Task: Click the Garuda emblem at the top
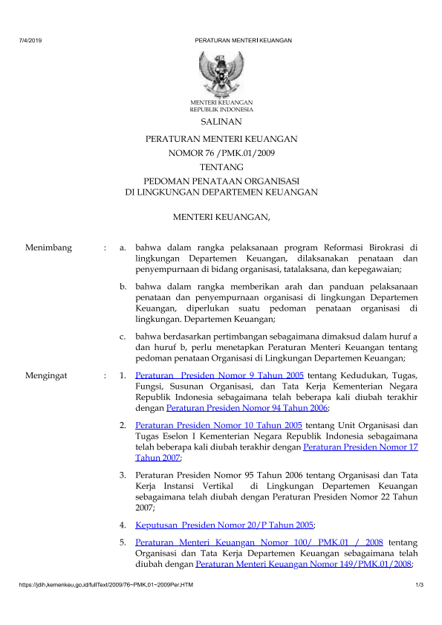click(x=221, y=73)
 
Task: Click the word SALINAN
click(x=221, y=121)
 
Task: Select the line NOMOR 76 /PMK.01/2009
click(x=221, y=153)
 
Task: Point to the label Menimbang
click(x=48, y=247)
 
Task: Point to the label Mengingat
click(x=46, y=376)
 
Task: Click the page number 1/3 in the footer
click(x=419, y=589)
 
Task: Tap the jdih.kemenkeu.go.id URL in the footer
click(x=107, y=589)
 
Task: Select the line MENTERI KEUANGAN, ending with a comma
click(x=221, y=217)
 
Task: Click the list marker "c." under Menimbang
click(x=123, y=337)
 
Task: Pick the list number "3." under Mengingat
click(x=123, y=474)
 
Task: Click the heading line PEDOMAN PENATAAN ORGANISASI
click(x=221, y=180)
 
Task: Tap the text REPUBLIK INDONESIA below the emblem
click(x=221, y=109)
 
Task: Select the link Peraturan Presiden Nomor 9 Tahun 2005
click(x=220, y=376)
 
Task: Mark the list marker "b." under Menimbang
click(x=123, y=286)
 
